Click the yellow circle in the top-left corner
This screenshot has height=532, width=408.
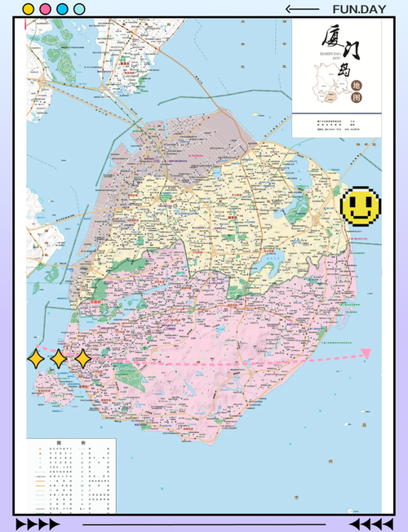pyautogui.click(x=29, y=10)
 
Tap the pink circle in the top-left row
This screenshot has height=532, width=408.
pyautogui.click(x=45, y=10)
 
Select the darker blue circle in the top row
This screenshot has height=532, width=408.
pyautogui.click(x=62, y=10)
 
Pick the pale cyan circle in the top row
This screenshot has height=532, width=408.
pyautogui.click(x=79, y=10)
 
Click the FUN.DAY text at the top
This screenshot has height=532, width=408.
pyautogui.click(x=359, y=9)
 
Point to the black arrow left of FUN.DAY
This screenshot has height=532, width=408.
pyautogui.click(x=302, y=9)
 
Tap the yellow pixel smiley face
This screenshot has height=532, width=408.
pyautogui.click(x=359, y=206)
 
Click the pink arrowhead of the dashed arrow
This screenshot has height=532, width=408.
pyautogui.click(x=366, y=353)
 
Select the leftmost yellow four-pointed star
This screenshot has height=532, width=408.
pyautogui.click(x=36, y=358)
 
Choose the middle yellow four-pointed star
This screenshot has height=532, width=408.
pyautogui.click(x=59, y=358)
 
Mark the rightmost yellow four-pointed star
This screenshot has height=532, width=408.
pyautogui.click(x=82, y=358)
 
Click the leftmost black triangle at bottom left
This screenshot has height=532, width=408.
pyautogui.click(x=20, y=524)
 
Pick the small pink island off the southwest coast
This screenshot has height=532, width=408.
pyautogui.click(x=53, y=390)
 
